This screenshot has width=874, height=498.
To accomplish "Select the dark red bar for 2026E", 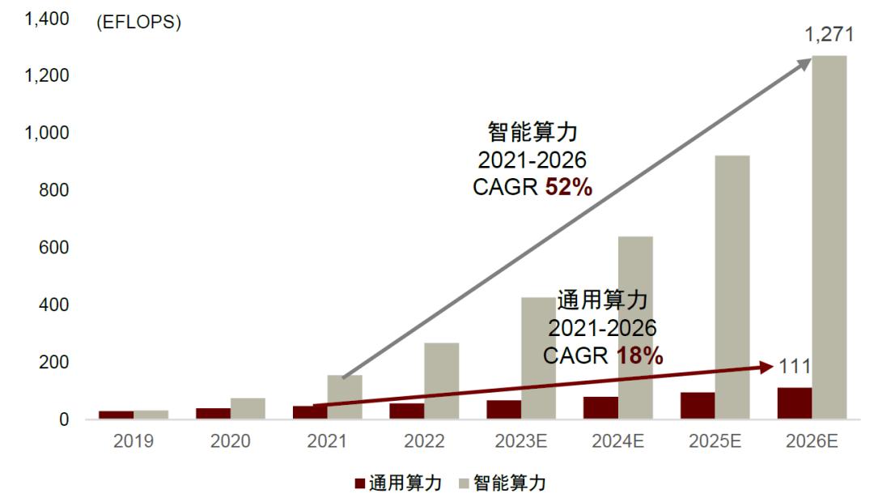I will click(x=794, y=403).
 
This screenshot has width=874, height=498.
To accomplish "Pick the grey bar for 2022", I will click(x=441, y=381).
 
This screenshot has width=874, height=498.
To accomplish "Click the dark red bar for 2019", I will click(x=116, y=415).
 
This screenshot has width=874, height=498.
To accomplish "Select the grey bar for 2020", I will click(x=248, y=408).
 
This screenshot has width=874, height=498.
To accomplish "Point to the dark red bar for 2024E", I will click(x=600, y=407).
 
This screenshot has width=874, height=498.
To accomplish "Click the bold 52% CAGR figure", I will click(x=568, y=187).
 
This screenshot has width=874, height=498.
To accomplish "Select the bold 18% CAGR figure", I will click(x=639, y=355).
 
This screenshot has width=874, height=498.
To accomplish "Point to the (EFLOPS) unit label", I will click(x=138, y=23).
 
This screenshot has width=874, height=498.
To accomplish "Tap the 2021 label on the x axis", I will click(x=327, y=442).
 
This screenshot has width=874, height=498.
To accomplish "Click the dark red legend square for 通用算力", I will click(x=360, y=484).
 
